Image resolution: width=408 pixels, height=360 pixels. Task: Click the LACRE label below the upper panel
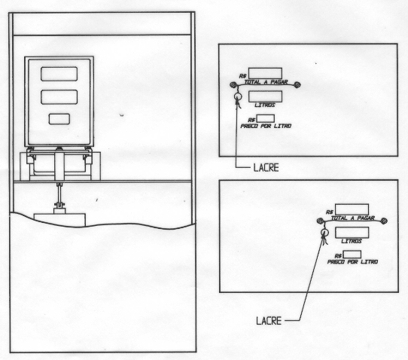[x=266, y=168]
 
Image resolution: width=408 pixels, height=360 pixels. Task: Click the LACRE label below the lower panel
[x=269, y=320]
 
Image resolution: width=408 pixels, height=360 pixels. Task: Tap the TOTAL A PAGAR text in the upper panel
[x=266, y=82]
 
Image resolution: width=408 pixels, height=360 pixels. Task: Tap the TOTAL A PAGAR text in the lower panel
[x=352, y=218]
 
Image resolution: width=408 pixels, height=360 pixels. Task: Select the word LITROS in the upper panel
[x=265, y=105]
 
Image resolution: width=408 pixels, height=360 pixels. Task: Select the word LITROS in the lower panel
[x=352, y=241]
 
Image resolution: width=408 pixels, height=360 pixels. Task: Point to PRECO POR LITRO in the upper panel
[x=266, y=126]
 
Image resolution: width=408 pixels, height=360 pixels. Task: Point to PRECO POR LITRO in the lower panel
[x=352, y=262]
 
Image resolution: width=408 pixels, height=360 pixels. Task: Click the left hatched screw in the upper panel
[x=233, y=84]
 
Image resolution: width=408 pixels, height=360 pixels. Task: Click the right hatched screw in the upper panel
[x=297, y=84]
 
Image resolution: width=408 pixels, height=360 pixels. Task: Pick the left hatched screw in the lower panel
[x=320, y=221]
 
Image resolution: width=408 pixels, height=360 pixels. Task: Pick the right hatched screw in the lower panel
[x=384, y=221]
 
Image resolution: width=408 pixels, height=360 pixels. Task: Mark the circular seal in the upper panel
[x=238, y=96]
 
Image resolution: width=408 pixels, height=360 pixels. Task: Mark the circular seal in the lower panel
[x=324, y=232]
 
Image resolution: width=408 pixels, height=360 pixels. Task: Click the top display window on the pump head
[x=59, y=74]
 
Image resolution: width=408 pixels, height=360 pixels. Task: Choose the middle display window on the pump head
[x=59, y=97]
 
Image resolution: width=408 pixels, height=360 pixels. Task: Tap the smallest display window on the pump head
[x=59, y=119]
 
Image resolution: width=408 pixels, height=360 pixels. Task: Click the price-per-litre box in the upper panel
[x=266, y=118]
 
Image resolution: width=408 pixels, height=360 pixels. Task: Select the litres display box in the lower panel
[x=352, y=233]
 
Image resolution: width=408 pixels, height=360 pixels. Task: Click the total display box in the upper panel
[x=265, y=73]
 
